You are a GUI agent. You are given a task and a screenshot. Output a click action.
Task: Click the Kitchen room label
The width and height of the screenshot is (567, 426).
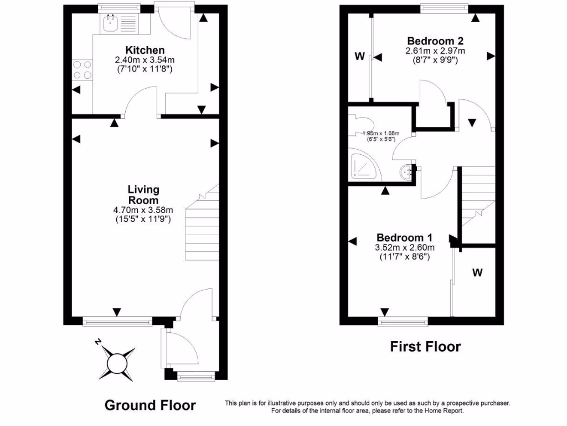[x=145, y=50]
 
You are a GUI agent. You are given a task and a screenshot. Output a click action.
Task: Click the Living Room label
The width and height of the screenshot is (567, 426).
[x=143, y=195]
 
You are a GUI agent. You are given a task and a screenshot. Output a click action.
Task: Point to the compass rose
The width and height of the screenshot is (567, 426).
[x=117, y=363]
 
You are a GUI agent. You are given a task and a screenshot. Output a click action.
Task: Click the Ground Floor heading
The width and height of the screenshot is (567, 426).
[x=150, y=405]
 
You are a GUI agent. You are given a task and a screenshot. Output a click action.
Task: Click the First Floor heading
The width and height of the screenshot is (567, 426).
[x=425, y=347]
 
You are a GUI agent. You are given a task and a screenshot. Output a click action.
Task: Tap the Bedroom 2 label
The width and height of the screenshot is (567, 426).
[x=435, y=40]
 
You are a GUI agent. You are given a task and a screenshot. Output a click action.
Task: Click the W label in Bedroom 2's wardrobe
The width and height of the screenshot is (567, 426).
[x=359, y=56]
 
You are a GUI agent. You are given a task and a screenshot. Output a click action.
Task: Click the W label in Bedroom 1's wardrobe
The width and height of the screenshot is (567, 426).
[x=477, y=272]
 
